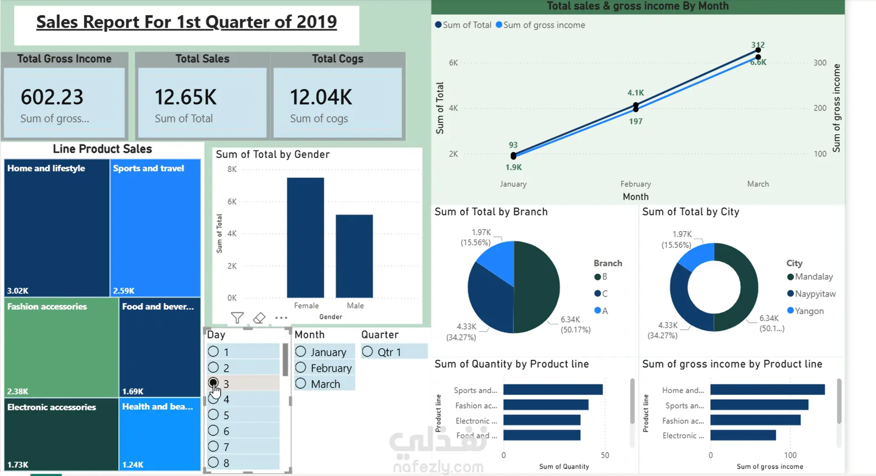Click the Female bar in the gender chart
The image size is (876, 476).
305,238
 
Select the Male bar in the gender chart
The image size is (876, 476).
354,256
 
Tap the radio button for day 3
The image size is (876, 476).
213,383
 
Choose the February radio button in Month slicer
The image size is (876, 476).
300,368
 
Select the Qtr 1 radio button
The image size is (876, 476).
367,351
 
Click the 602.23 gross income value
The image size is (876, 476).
52,97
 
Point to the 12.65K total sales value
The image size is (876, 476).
185,97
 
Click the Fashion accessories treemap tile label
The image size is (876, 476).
47,306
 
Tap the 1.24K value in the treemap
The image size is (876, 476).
133,464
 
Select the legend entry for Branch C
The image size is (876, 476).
601,293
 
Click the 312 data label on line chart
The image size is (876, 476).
758,45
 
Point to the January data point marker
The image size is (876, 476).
513,155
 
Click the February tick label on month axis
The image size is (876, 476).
635,184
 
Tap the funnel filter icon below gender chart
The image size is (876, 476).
237,317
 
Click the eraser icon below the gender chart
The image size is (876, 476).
259,317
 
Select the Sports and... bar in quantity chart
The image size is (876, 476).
553,390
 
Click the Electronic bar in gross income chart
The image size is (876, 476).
743,435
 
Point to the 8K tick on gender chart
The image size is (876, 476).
232,169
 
